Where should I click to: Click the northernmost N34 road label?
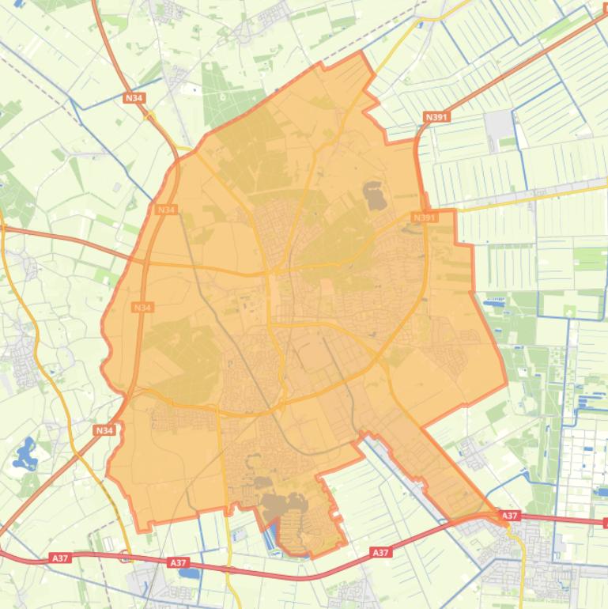tap(134, 98)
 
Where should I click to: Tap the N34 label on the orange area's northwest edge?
tap(166, 210)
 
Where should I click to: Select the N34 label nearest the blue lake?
tap(104, 430)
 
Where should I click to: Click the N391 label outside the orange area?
tap(436, 117)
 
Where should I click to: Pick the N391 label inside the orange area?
tap(425, 217)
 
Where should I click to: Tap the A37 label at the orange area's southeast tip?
tap(510, 516)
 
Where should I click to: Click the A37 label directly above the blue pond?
tap(179, 562)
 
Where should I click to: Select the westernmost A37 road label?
tap(61, 558)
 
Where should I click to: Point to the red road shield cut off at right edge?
tap(604, 522)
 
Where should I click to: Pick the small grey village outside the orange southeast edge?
tap(472, 453)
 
